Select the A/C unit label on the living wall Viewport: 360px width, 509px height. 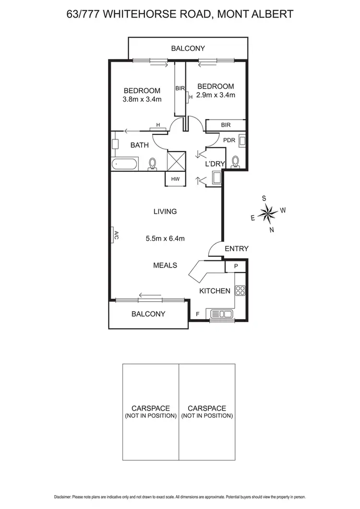tap(116, 236)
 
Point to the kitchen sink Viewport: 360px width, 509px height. tap(221, 314)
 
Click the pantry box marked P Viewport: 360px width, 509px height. tap(236, 266)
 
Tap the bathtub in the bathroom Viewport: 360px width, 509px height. tap(124, 165)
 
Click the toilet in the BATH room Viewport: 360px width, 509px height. tap(153, 164)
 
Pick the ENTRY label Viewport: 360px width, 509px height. tap(237, 249)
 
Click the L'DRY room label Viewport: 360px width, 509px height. tap(215, 164)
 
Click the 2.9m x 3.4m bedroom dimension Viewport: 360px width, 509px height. tap(216, 95)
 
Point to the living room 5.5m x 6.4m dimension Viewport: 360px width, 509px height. tap(165, 238)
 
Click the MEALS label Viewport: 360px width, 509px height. tap(165, 265)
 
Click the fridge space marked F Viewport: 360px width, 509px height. tap(197, 314)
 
